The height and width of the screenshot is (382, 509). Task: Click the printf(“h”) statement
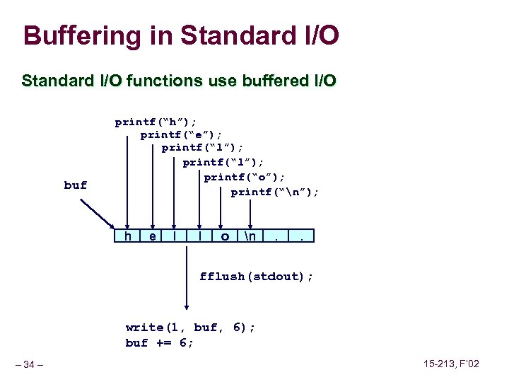[156, 122]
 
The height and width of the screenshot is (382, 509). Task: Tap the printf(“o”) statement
[244, 177]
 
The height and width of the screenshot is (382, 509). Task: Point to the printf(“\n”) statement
[275, 191]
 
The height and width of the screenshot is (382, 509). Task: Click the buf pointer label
[76, 185]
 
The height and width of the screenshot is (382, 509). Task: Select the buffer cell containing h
[127, 236]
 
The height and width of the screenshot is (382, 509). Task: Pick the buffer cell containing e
[153, 236]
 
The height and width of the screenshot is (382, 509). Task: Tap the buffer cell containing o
[225, 236]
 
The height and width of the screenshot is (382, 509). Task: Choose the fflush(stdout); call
[256, 276]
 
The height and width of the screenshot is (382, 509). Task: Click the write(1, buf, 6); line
[190, 327]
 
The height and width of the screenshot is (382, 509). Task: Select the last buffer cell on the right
[303, 236]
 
